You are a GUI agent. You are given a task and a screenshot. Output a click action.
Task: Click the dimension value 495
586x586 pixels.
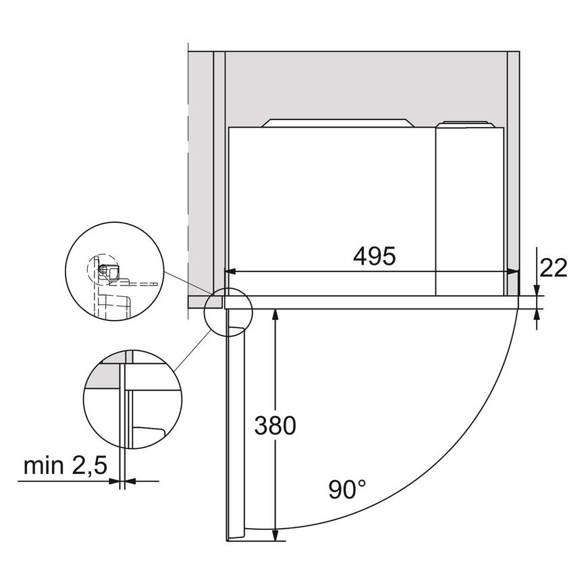[373, 257]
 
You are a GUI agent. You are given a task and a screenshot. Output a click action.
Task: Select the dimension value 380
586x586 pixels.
[275, 426]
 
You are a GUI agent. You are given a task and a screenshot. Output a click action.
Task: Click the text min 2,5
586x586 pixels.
[66, 465]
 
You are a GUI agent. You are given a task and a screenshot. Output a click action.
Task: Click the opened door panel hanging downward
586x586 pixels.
[233, 432]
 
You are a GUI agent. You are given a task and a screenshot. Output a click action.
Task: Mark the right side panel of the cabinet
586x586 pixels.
[512, 169]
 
